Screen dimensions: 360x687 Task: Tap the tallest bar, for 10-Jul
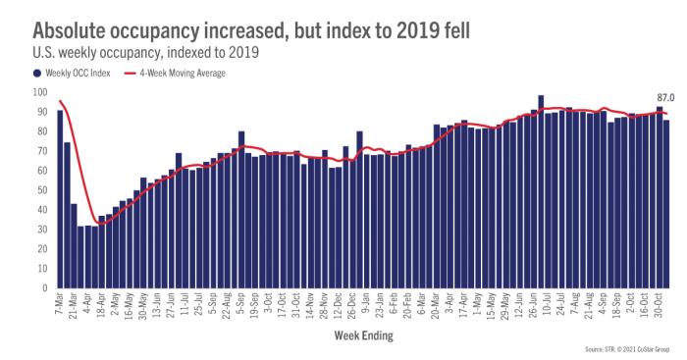click(x=541, y=192)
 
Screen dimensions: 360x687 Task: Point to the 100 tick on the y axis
click(x=39, y=92)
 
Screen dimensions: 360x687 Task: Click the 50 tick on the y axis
click(x=41, y=190)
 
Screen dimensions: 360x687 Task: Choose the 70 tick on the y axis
click(x=41, y=151)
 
